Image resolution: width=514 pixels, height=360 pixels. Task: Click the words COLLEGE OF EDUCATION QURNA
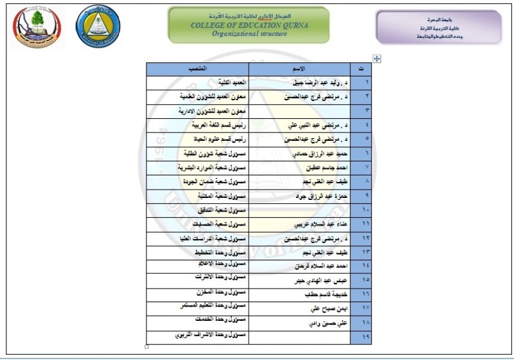[x=249, y=25]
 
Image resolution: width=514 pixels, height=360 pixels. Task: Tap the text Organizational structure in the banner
[x=249, y=35]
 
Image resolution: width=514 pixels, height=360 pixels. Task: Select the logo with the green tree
[x=35, y=26]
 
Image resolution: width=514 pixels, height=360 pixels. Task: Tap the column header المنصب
[x=197, y=69]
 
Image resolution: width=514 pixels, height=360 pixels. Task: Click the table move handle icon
[x=377, y=59]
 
